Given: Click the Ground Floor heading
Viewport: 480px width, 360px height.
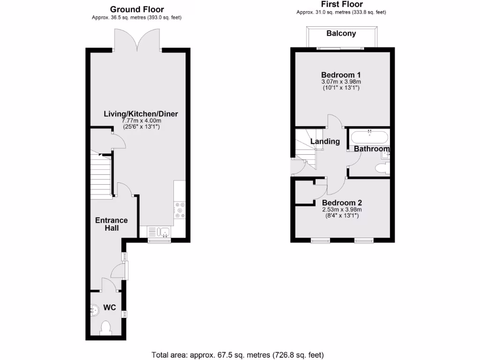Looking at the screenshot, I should click(137, 9).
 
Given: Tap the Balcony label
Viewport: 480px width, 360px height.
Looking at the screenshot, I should click(341, 33).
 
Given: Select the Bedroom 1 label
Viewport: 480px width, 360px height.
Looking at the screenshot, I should click(341, 75).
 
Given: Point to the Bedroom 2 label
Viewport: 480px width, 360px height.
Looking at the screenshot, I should click(342, 202).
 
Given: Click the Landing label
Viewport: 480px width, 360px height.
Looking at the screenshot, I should click(325, 141).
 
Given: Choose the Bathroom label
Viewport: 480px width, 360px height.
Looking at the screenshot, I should click(372, 149).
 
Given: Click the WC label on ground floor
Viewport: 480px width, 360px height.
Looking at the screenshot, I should click(109, 307).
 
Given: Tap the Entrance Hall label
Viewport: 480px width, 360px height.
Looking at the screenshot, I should click(111, 224).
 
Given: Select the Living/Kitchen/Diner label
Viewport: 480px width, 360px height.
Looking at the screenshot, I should click(141, 113).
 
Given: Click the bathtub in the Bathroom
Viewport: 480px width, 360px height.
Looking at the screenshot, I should click(369, 137).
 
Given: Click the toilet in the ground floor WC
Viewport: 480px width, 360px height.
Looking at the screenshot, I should click(105, 328).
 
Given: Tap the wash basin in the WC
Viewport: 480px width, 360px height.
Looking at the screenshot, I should click(94, 309).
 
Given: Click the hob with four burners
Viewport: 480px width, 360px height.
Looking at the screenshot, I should click(179, 210).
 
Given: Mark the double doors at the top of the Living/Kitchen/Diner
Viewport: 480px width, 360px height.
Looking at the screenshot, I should click(137, 40).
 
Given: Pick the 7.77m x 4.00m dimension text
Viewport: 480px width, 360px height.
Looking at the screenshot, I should click(141, 120).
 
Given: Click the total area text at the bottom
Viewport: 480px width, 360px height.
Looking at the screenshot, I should click(238, 354).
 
